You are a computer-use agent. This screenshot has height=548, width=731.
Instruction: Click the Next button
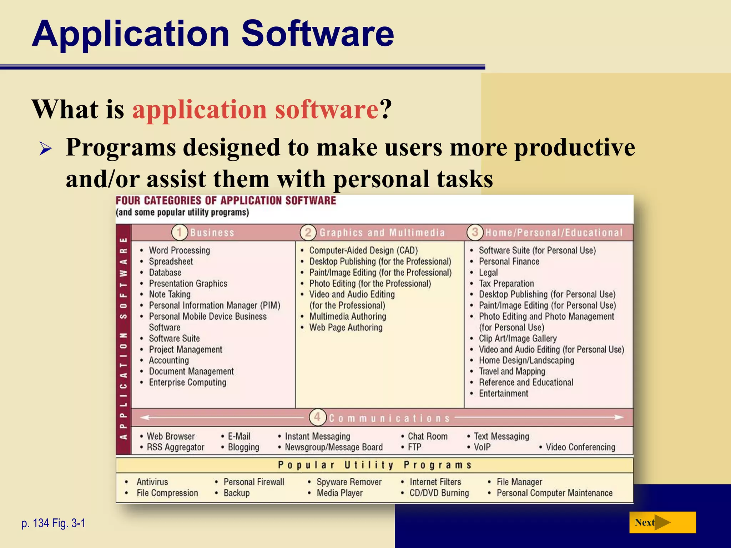coord(662,522)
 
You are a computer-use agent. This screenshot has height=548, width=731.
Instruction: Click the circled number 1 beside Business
coord(180,233)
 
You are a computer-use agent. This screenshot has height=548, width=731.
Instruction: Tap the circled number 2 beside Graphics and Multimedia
coord(308,233)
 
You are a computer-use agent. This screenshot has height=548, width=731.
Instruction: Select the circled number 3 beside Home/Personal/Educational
coord(475,232)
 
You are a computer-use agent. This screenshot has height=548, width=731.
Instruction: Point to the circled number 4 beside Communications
coord(317,417)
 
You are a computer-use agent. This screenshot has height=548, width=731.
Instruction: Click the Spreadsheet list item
coord(171,262)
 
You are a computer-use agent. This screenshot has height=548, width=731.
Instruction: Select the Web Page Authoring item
coord(346,328)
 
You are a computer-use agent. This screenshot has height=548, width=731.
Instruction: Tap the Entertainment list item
coord(503,394)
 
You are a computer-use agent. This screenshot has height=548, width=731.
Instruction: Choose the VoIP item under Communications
coord(482,447)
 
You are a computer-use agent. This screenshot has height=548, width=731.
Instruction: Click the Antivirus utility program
coord(152,482)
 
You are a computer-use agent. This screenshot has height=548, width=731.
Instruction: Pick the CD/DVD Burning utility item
coord(439,493)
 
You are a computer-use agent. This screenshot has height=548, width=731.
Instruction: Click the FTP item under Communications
coord(414,447)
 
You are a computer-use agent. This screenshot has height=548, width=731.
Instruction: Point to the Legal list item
coord(488,273)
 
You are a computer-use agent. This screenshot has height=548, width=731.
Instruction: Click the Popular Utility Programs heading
coord(374,465)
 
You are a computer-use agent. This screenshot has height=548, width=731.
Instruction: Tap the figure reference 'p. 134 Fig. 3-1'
coord(54,523)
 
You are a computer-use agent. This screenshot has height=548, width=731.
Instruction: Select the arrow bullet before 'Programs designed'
coord(46,148)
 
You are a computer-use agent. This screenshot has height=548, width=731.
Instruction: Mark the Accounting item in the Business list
coord(169,360)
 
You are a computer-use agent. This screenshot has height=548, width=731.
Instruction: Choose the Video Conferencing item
coord(580,447)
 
